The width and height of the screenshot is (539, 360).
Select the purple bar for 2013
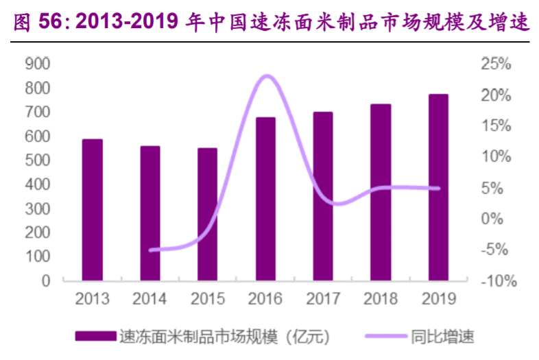pyautogui.click(x=93, y=210)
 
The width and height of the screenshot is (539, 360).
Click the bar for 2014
pyautogui.click(x=150, y=213)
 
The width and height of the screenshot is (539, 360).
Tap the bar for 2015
pyautogui.click(x=208, y=215)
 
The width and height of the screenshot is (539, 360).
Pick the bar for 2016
pyautogui.click(x=265, y=199)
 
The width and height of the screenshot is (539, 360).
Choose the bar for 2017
pyautogui.click(x=323, y=196)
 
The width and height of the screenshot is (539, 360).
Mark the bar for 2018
pyautogui.click(x=381, y=193)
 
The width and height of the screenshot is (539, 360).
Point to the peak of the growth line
pyautogui.click(x=267, y=76)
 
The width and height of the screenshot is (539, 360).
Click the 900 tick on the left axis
pyautogui.click(x=37, y=64)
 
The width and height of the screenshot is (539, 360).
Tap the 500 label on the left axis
pyautogui.click(x=37, y=160)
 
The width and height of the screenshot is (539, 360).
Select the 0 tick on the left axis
pyautogui.click(x=46, y=280)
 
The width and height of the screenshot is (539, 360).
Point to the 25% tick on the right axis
pyautogui.click(x=496, y=64)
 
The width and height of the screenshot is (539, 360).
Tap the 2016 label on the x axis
pyautogui.click(x=265, y=300)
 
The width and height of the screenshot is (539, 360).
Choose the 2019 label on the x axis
pyautogui.click(x=438, y=300)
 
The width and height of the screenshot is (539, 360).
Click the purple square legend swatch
pyautogui.click(x=95, y=336)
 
